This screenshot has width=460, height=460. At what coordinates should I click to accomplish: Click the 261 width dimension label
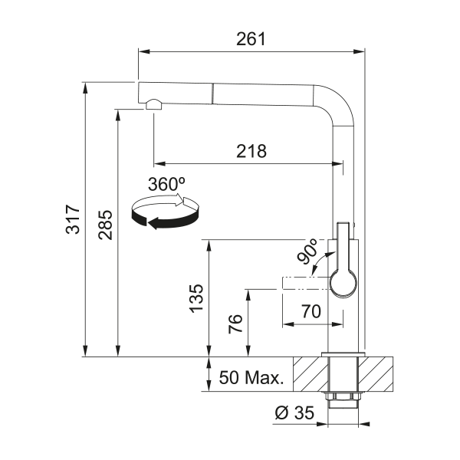(251, 39)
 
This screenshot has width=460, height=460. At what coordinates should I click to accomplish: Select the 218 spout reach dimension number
(251, 151)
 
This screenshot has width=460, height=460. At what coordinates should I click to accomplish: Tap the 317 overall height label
(73, 219)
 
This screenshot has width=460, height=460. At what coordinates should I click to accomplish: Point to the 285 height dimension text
(105, 225)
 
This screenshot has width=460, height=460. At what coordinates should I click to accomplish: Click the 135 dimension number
(196, 298)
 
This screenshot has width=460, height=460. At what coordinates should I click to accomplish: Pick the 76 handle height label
(235, 324)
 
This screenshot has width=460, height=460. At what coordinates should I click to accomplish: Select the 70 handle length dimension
(311, 311)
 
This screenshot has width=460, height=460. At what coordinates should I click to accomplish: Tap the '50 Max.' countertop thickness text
(251, 377)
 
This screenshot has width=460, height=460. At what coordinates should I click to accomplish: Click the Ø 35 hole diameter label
(294, 412)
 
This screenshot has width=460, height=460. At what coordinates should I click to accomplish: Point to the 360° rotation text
(166, 184)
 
